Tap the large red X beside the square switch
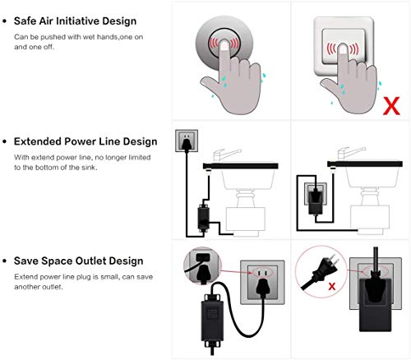click(393, 106)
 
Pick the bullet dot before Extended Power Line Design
click(5, 141)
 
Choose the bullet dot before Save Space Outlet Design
click(5, 262)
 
